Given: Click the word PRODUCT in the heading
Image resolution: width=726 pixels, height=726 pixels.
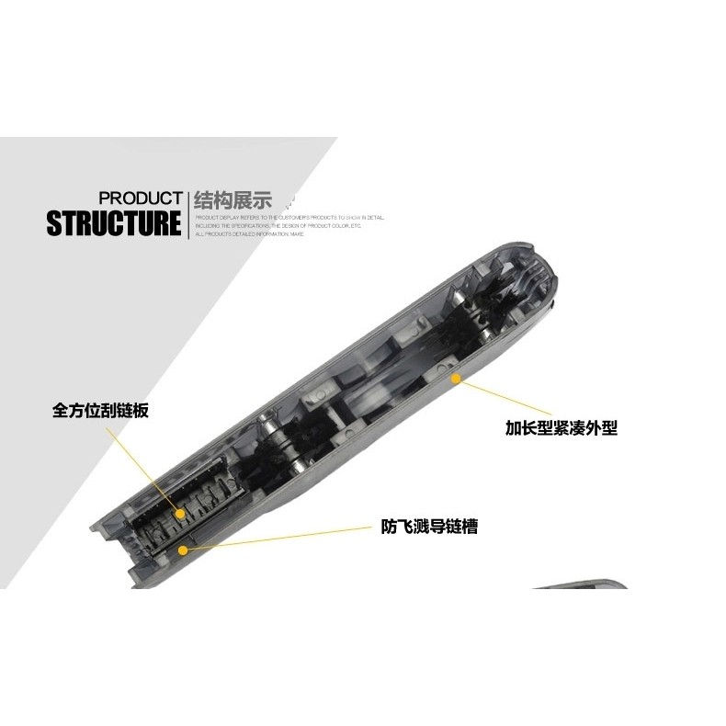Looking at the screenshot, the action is click(140, 198).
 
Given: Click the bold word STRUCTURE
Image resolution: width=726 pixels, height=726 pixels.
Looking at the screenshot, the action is click(114, 224).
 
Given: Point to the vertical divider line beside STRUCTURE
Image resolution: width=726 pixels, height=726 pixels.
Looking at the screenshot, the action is click(187, 215).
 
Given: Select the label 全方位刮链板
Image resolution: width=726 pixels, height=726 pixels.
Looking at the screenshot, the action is click(100, 411).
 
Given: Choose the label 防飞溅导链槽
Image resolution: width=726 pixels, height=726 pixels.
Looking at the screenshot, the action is click(429, 527).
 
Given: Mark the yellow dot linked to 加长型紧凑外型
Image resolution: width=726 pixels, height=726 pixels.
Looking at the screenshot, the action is click(454, 376).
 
